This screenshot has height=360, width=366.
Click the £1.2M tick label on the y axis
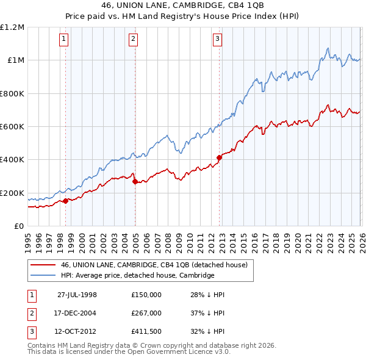(x=12, y=27)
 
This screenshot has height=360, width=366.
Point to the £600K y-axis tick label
(x=12, y=127)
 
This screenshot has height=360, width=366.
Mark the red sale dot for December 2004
(x=134, y=182)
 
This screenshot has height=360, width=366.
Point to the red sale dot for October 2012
(x=218, y=158)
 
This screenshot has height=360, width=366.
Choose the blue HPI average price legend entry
(x=137, y=276)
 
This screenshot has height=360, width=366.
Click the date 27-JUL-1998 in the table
(x=77, y=295)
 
